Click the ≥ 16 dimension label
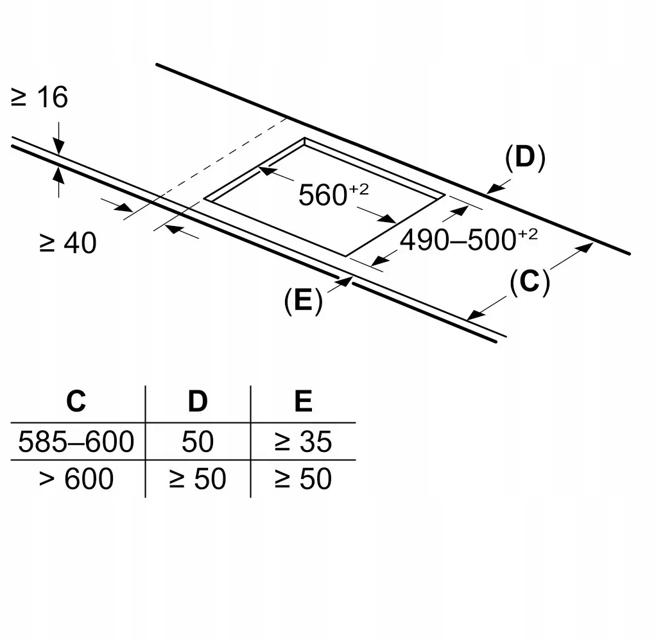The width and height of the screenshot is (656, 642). click(x=39, y=98)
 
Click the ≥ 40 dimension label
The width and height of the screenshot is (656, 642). click(x=67, y=243)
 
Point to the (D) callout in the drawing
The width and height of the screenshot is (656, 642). click(x=524, y=158)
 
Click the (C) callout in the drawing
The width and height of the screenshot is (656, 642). click(x=530, y=282)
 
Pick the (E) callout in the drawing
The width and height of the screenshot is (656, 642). click(x=303, y=301)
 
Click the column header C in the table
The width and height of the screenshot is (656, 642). click(x=76, y=401)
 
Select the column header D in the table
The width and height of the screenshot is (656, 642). click(x=197, y=401)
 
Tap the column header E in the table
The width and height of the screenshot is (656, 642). click(x=303, y=401)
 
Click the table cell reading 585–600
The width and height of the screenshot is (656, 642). click(x=76, y=442)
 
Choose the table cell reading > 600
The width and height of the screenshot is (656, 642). click(x=76, y=479)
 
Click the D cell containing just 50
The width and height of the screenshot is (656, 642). click(x=197, y=442)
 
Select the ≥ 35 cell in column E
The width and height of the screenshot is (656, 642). click(x=303, y=442)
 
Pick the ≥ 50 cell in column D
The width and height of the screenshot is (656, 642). click(x=197, y=479)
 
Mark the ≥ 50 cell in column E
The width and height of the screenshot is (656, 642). click(x=303, y=479)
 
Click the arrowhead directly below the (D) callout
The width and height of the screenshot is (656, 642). click(x=494, y=189)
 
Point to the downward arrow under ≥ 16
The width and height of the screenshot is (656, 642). click(x=58, y=147)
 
